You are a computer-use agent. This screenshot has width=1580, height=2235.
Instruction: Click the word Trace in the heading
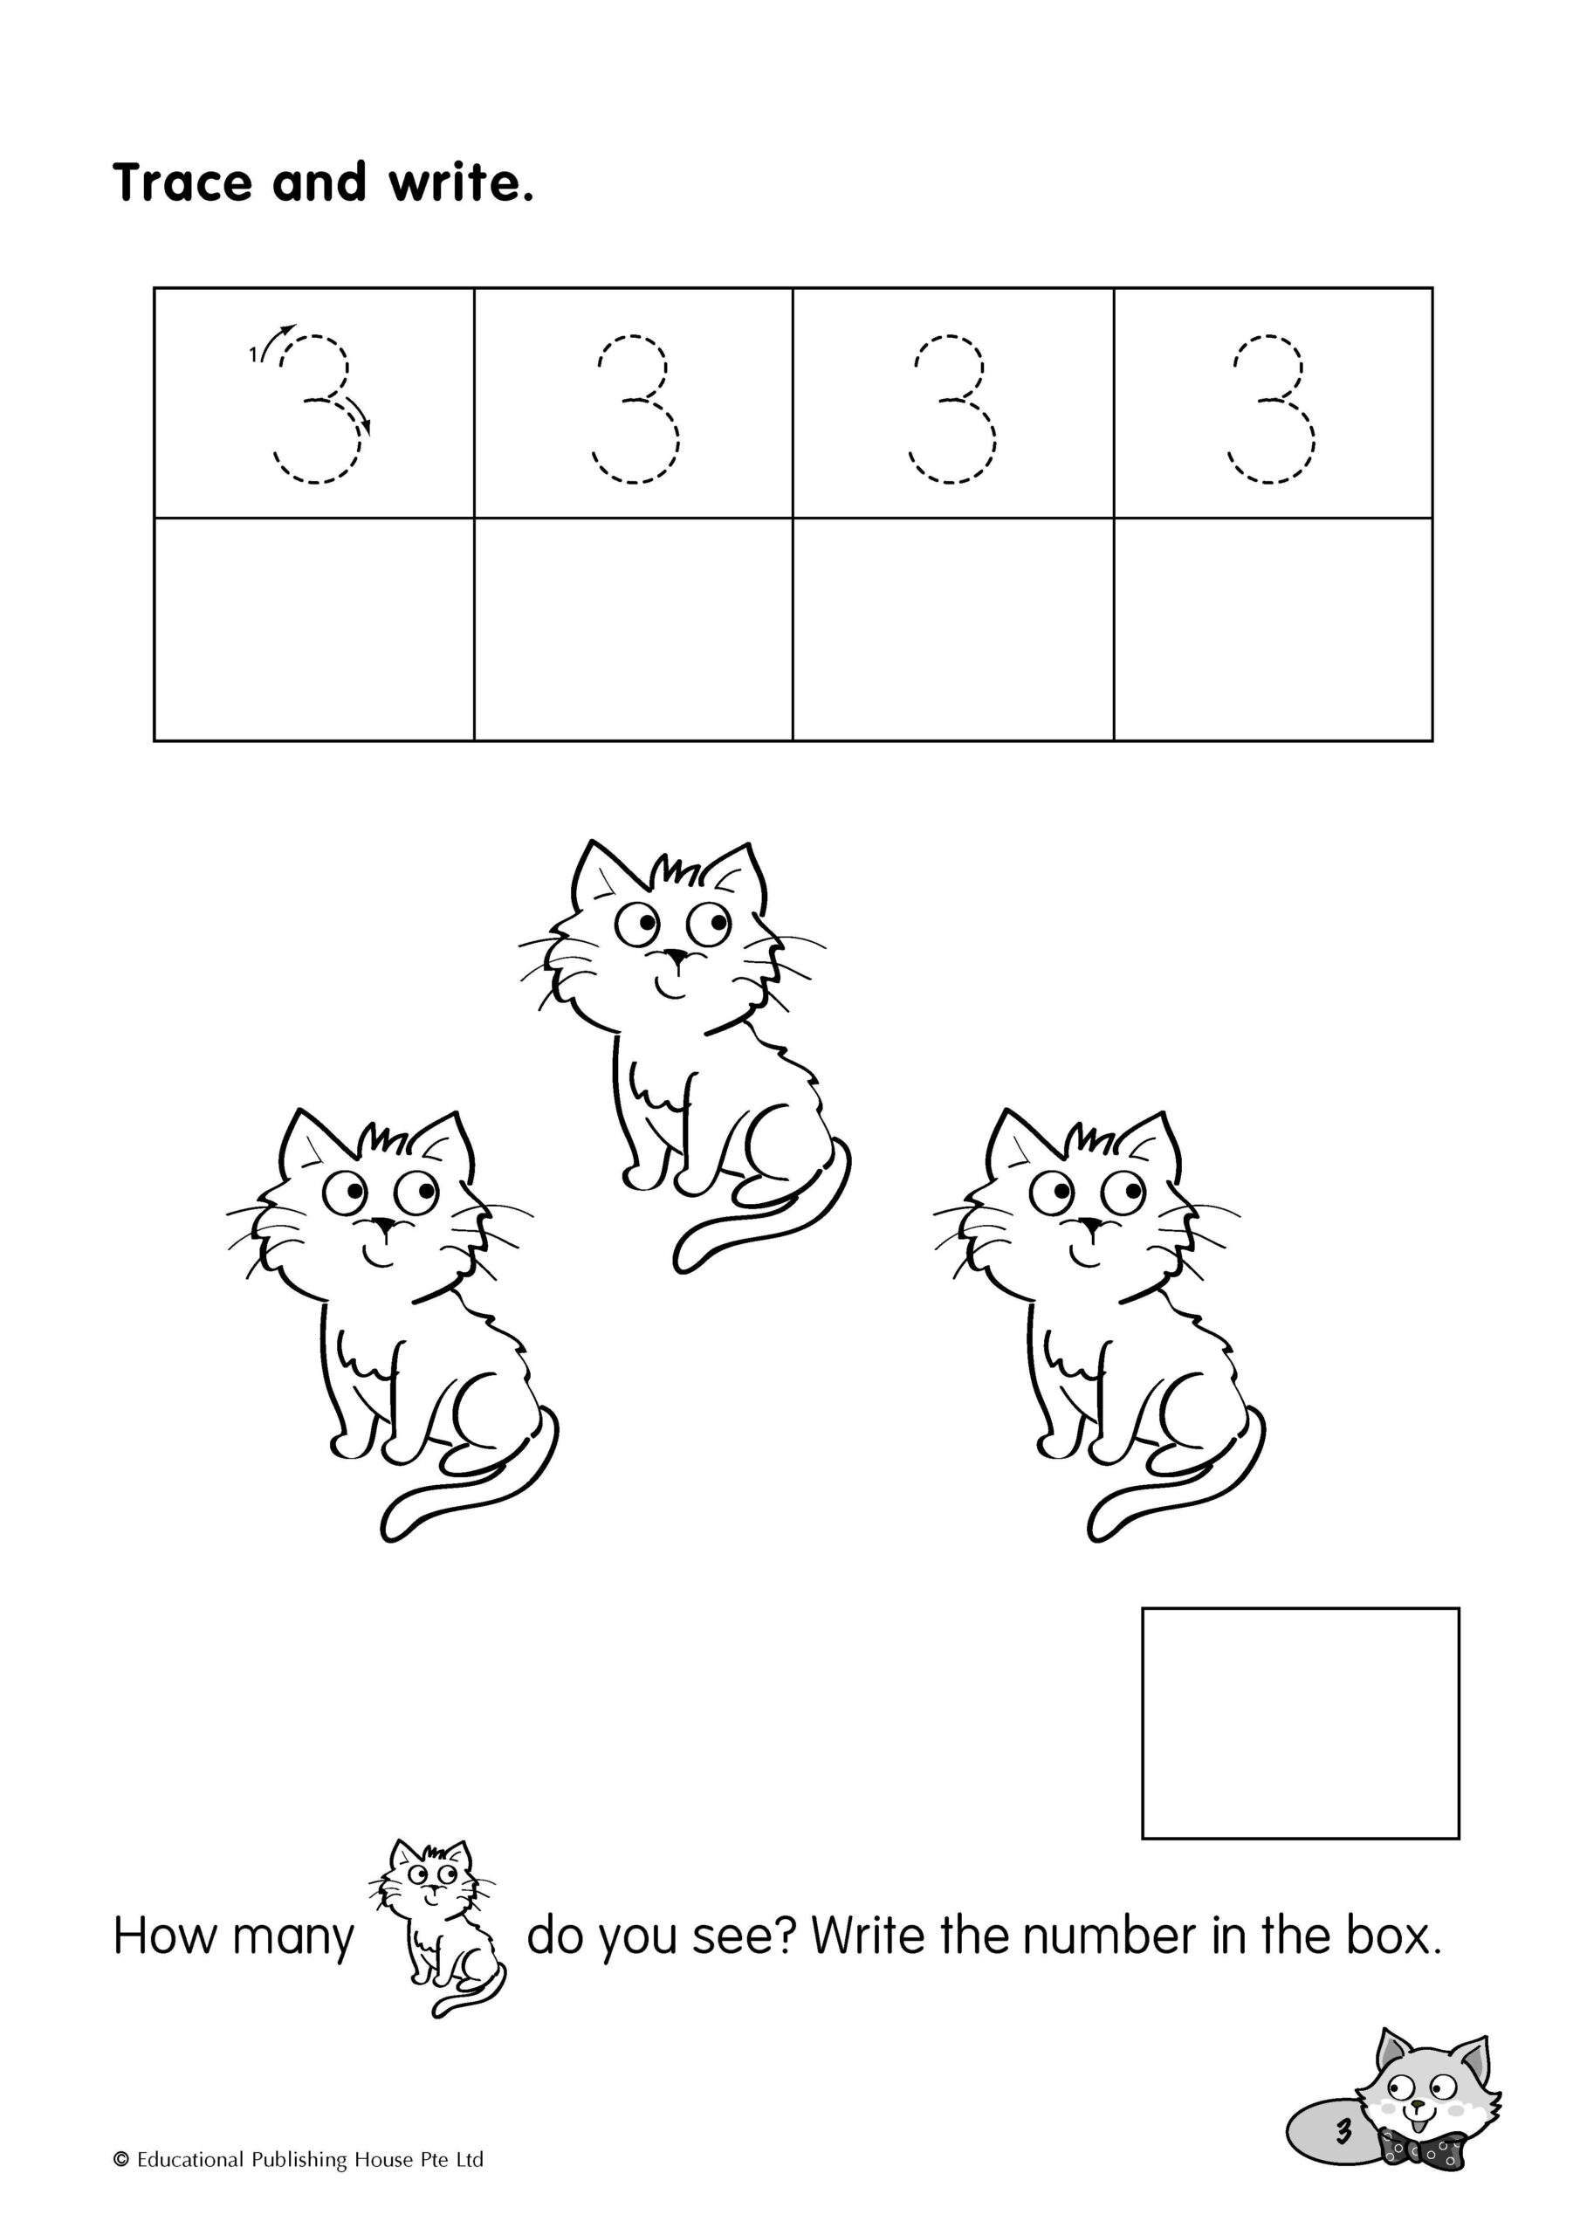pyautogui.click(x=184, y=182)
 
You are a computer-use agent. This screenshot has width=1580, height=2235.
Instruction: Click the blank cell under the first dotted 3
pyautogui.click(x=314, y=629)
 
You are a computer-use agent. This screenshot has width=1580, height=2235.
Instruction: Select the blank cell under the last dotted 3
pyautogui.click(x=1273, y=629)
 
